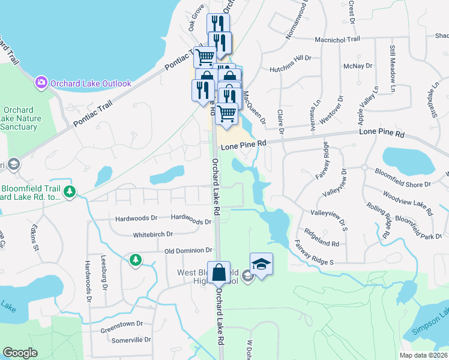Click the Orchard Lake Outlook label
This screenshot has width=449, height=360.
point(90,83)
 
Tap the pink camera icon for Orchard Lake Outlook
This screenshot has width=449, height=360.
point(41,82)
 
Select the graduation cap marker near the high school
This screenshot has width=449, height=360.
point(261,265)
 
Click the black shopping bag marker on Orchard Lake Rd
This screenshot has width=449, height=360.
point(219,273)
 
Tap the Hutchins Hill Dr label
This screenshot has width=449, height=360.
point(291,58)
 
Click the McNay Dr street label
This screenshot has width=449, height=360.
point(357,65)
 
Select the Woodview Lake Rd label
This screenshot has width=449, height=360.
point(408,202)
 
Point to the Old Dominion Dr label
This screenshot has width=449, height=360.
point(188,250)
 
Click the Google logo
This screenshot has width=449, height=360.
point(20,353)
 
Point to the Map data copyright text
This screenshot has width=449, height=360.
point(424,355)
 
